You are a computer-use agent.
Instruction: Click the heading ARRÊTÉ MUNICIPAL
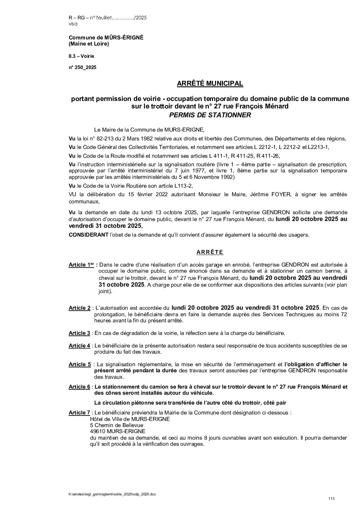(x=210, y=83)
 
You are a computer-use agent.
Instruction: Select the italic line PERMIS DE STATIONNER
(x=210, y=115)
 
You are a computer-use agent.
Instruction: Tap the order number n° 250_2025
(x=82, y=67)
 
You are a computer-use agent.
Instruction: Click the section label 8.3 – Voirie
(x=81, y=56)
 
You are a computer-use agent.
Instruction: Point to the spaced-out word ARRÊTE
(x=210, y=252)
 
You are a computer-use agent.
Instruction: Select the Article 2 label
(x=79, y=308)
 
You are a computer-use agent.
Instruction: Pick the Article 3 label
(x=79, y=333)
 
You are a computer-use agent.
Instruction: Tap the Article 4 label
(x=79, y=346)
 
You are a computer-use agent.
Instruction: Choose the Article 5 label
(x=79, y=364)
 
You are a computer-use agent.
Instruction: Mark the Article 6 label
(x=79, y=387)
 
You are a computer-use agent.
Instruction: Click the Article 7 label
(x=79, y=413)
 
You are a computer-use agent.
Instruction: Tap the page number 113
(x=331, y=498)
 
